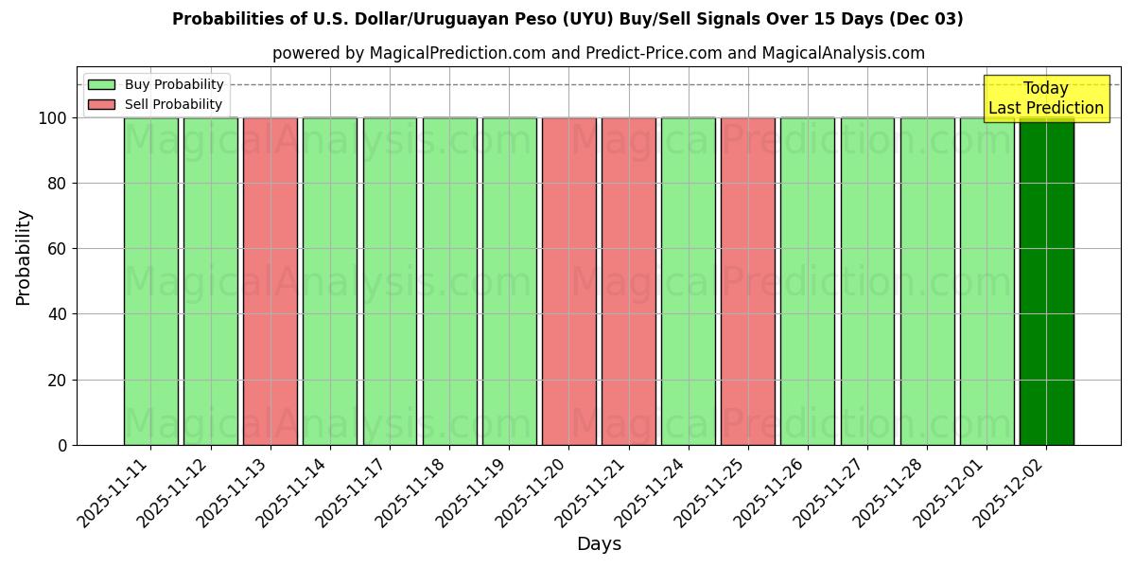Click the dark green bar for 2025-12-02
coord(1046,281)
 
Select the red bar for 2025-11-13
coord(271,281)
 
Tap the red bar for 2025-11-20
coord(569,281)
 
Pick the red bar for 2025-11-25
coord(748,281)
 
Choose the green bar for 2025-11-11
coord(150,281)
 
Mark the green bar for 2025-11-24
coord(689,281)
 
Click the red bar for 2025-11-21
coord(629,281)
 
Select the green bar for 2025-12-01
coord(987,281)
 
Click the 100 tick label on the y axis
coord(52,118)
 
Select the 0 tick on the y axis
coord(62,445)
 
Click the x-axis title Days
coord(599,544)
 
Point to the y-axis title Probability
coord(24,257)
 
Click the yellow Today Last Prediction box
coord(1045,98)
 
